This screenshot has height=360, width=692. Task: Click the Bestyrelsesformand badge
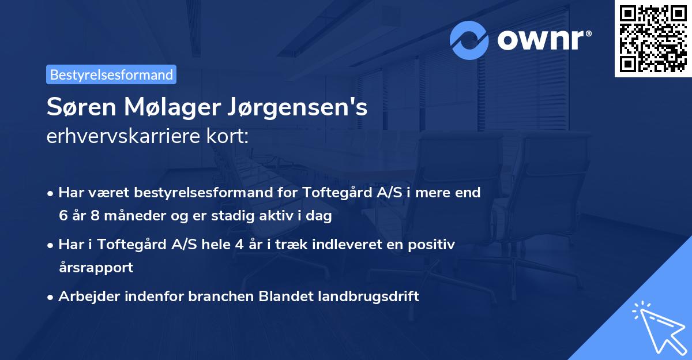[x=111, y=74]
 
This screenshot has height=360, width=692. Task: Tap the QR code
[x=653, y=38]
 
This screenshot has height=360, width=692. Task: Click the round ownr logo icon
[x=469, y=40]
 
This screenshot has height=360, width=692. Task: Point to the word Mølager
[x=167, y=108]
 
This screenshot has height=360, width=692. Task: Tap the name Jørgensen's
[x=297, y=108]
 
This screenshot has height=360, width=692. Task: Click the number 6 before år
[x=62, y=216]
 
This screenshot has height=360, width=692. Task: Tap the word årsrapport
[x=96, y=268]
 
